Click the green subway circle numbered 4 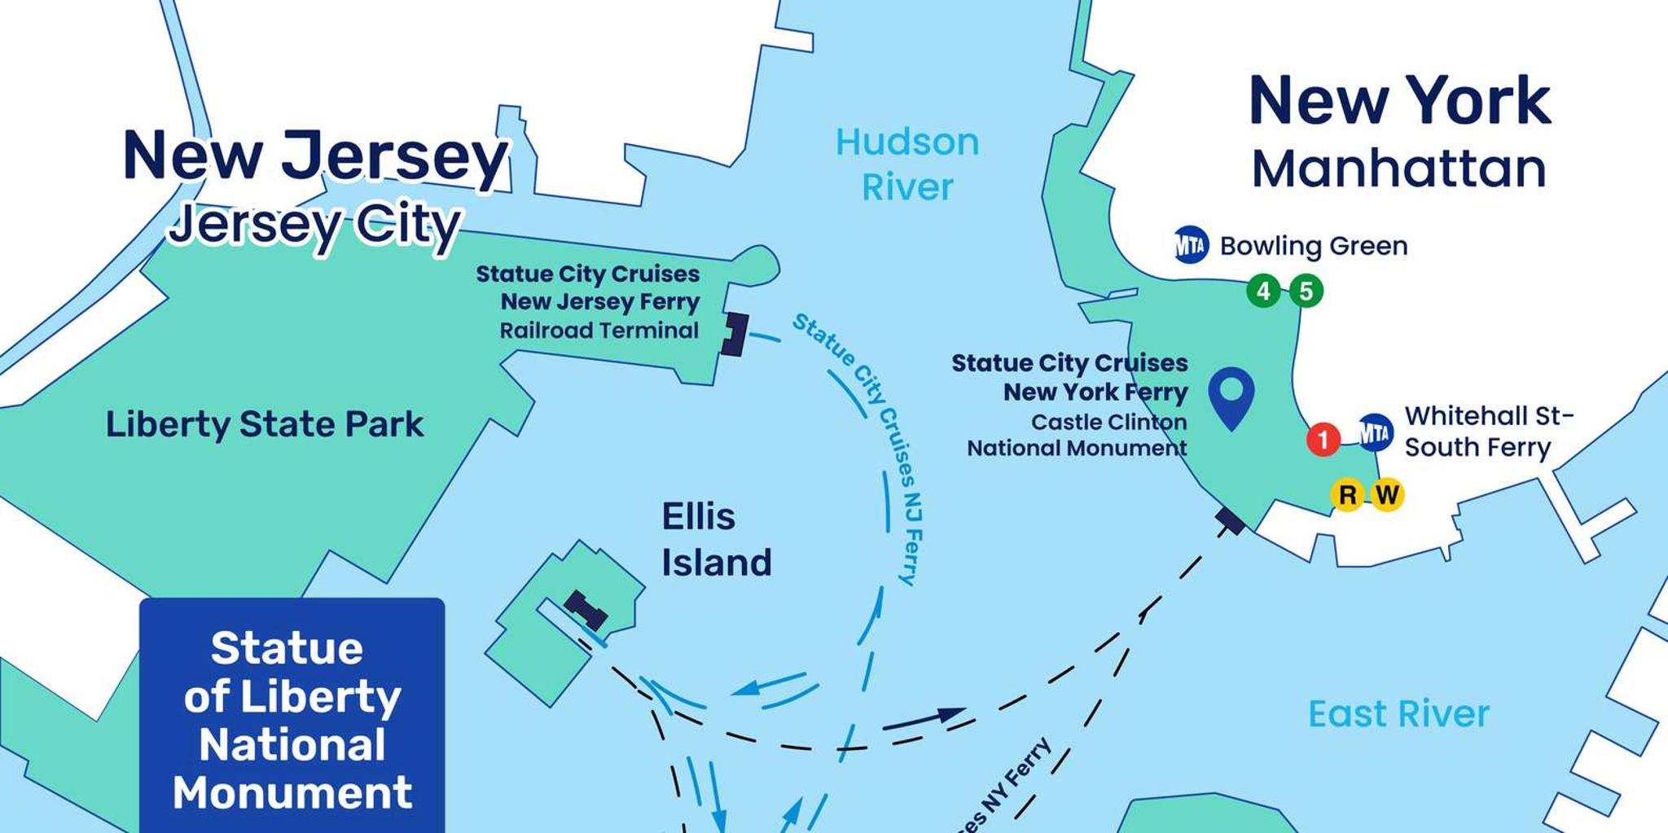point(1263,291)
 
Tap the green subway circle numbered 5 point(1306,291)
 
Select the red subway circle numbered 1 point(1323,441)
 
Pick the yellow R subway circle point(1348,494)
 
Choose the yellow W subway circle point(1386,494)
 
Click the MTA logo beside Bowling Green point(1191,244)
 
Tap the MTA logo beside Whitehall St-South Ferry point(1376,432)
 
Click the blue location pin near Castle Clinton point(1231,395)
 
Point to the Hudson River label point(907,164)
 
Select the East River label point(1398,714)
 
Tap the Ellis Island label point(716,539)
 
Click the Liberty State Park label point(265,424)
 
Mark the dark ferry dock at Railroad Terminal point(735,334)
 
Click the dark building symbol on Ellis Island point(586,611)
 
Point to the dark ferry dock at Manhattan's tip point(1230,520)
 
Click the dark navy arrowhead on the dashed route point(949,715)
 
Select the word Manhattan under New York point(1398,169)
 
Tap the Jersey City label point(315,226)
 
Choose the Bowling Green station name point(1313,246)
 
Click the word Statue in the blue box point(287,648)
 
